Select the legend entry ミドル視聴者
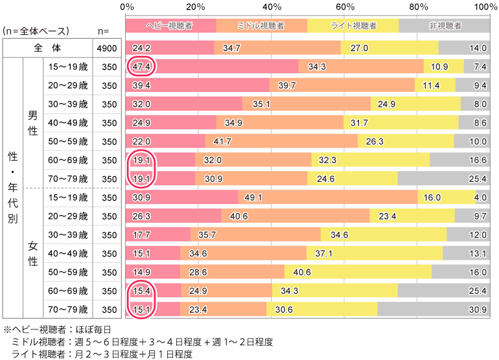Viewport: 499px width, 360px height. (x=262, y=26)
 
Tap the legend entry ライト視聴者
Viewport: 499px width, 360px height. (x=353, y=26)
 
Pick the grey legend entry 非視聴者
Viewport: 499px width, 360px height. (x=445, y=26)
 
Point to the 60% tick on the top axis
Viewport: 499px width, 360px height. (x=345, y=7)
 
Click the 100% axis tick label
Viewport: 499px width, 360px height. (x=485, y=7)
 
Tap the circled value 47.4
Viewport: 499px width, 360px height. (x=141, y=67)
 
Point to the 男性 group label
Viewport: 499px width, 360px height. (x=33, y=122)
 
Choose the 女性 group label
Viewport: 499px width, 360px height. (x=33, y=253)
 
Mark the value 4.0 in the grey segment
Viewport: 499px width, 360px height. (x=480, y=197)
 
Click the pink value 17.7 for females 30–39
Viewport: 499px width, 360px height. (x=141, y=234)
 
